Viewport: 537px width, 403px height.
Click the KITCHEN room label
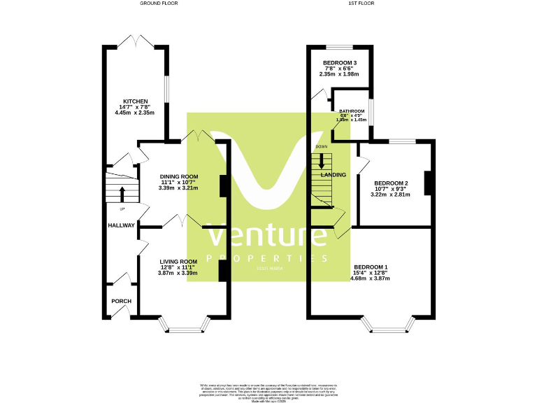click(136, 101)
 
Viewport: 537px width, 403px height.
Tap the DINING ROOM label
click(179, 176)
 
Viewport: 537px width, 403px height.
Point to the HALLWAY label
click(121, 225)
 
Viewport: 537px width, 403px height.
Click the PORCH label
click(121, 302)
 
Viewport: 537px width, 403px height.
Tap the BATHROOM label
click(352, 111)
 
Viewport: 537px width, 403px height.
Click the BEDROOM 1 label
click(371, 267)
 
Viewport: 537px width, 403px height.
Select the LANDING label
click(334, 175)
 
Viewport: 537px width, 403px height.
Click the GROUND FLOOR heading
click(158, 3)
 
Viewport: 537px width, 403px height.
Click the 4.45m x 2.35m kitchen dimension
click(136, 113)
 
